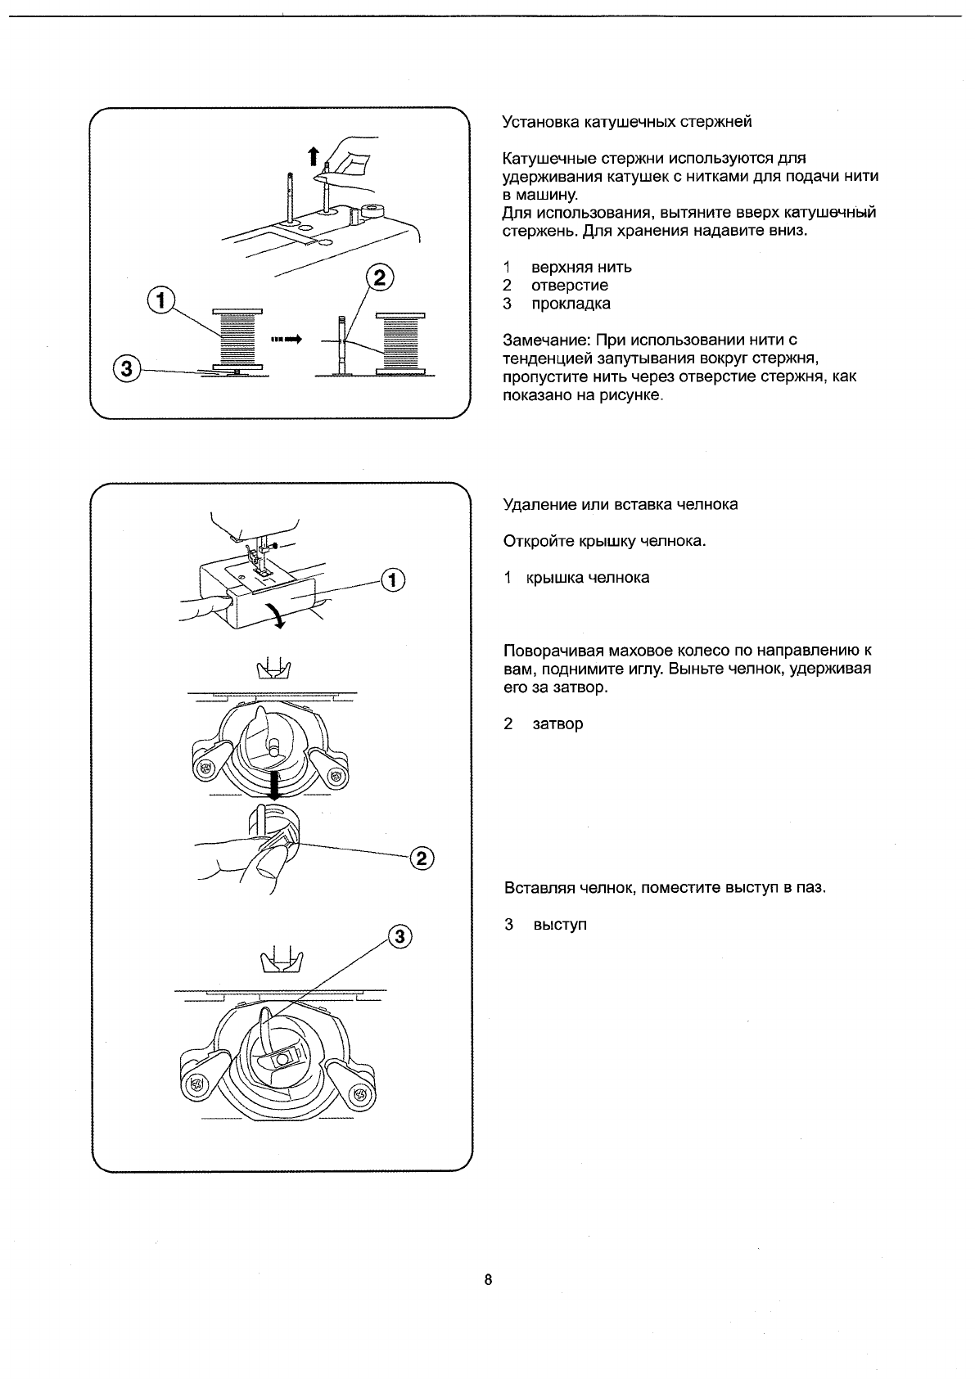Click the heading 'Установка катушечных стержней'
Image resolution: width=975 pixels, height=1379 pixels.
click(x=626, y=122)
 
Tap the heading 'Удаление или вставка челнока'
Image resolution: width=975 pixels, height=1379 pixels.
click(x=620, y=504)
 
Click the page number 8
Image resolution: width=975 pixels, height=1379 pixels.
click(x=488, y=1280)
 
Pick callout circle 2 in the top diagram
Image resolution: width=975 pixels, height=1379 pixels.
click(x=377, y=277)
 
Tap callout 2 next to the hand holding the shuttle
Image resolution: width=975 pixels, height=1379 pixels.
click(x=421, y=858)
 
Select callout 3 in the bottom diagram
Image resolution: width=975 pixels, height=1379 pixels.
click(x=398, y=937)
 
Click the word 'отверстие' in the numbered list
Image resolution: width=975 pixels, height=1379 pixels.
click(x=570, y=286)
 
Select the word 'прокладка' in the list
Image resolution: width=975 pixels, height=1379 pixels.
click(x=571, y=304)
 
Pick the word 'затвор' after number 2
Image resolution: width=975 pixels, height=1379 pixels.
click(x=557, y=724)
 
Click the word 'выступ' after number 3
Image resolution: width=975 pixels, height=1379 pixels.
click(x=560, y=925)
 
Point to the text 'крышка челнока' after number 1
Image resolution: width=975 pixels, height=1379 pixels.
click(x=590, y=578)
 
